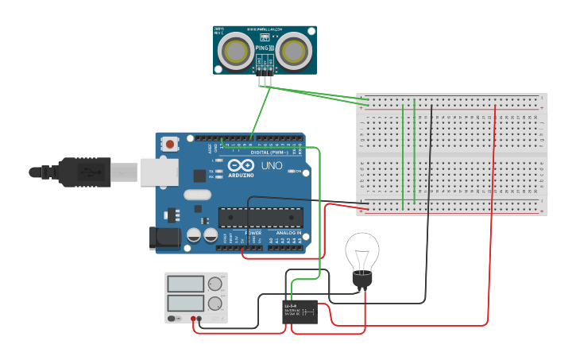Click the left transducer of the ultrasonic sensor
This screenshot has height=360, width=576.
(236, 51)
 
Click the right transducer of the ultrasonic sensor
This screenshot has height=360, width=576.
(293, 51)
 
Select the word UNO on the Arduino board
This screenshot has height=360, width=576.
(272, 166)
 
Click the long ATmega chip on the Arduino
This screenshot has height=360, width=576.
(261, 217)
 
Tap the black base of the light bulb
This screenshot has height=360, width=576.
(362, 281)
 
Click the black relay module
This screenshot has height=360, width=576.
(301, 312)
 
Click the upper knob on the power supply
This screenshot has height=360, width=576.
(215, 284)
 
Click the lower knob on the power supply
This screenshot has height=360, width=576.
(215, 304)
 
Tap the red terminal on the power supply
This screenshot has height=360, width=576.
(193, 319)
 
